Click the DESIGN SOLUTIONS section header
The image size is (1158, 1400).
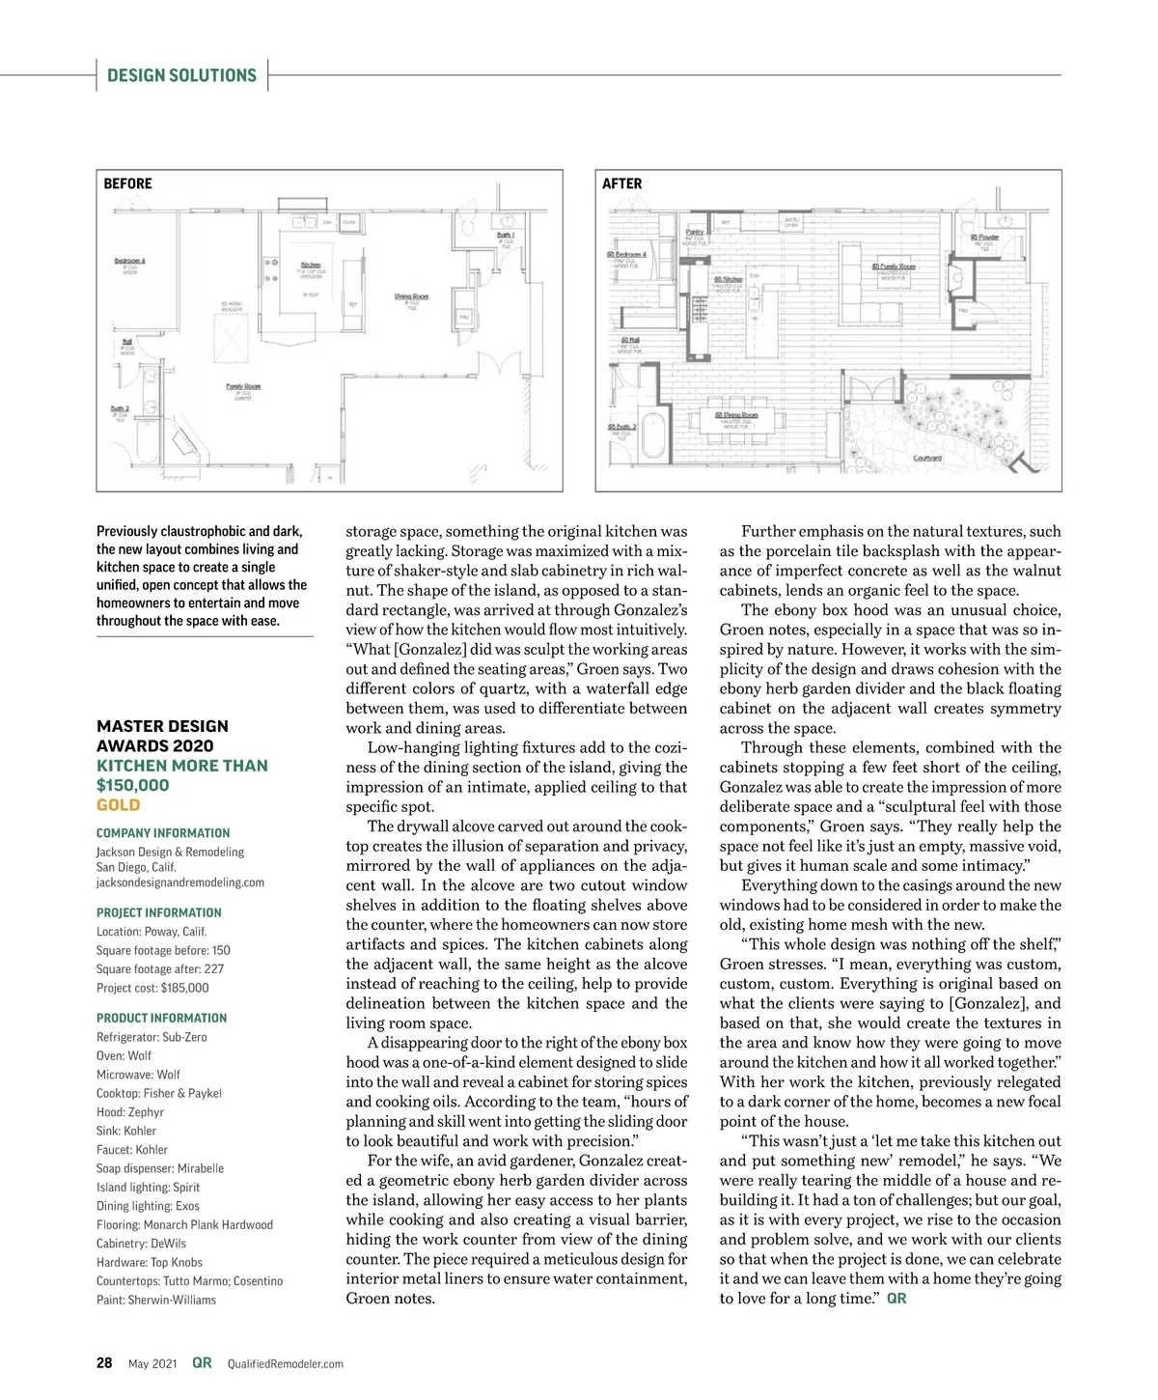click(181, 75)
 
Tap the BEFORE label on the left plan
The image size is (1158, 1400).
click(127, 183)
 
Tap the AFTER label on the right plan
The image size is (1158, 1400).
click(621, 183)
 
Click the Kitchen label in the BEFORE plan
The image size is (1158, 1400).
click(311, 265)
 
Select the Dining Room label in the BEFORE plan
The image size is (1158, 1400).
click(411, 296)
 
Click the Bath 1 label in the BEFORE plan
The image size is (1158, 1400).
click(506, 235)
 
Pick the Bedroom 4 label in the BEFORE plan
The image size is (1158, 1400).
click(129, 261)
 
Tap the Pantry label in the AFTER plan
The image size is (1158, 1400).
click(694, 233)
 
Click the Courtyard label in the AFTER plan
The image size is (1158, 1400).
click(927, 458)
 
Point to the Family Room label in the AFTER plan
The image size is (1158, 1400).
click(895, 266)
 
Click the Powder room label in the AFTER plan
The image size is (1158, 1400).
click(985, 238)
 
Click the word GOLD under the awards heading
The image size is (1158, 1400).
click(118, 805)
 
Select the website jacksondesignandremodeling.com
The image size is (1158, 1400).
click(179, 882)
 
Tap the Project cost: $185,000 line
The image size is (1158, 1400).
click(152, 988)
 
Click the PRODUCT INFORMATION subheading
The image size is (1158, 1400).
click(161, 1018)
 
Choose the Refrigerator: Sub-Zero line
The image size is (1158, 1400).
click(152, 1037)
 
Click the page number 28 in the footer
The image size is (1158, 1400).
click(104, 1363)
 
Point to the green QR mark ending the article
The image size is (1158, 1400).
click(896, 1299)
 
